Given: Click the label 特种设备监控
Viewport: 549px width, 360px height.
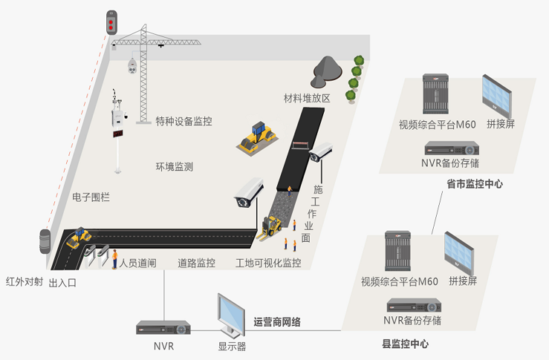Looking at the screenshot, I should tap(183, 121).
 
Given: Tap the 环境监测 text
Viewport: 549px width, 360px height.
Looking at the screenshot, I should tap(174, 167).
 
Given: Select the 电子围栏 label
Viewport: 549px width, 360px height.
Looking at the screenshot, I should tap(91, 197).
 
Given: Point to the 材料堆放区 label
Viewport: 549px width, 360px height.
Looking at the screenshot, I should tap(306, 98).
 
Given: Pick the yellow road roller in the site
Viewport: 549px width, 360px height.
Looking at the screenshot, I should tap(256, 137).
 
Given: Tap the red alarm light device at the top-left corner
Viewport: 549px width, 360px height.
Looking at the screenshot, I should tap(111, 22).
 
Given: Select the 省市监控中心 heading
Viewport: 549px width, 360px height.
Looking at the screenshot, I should tap(475, 183).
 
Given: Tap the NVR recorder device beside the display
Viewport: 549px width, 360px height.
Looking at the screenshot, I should tap(163, 327).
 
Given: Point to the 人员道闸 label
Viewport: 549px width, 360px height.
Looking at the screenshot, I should tap(138, 263).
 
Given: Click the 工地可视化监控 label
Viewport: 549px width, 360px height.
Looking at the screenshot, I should tap(268, 263).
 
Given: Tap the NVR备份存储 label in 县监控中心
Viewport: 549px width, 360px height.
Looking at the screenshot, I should tap(412, 321).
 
